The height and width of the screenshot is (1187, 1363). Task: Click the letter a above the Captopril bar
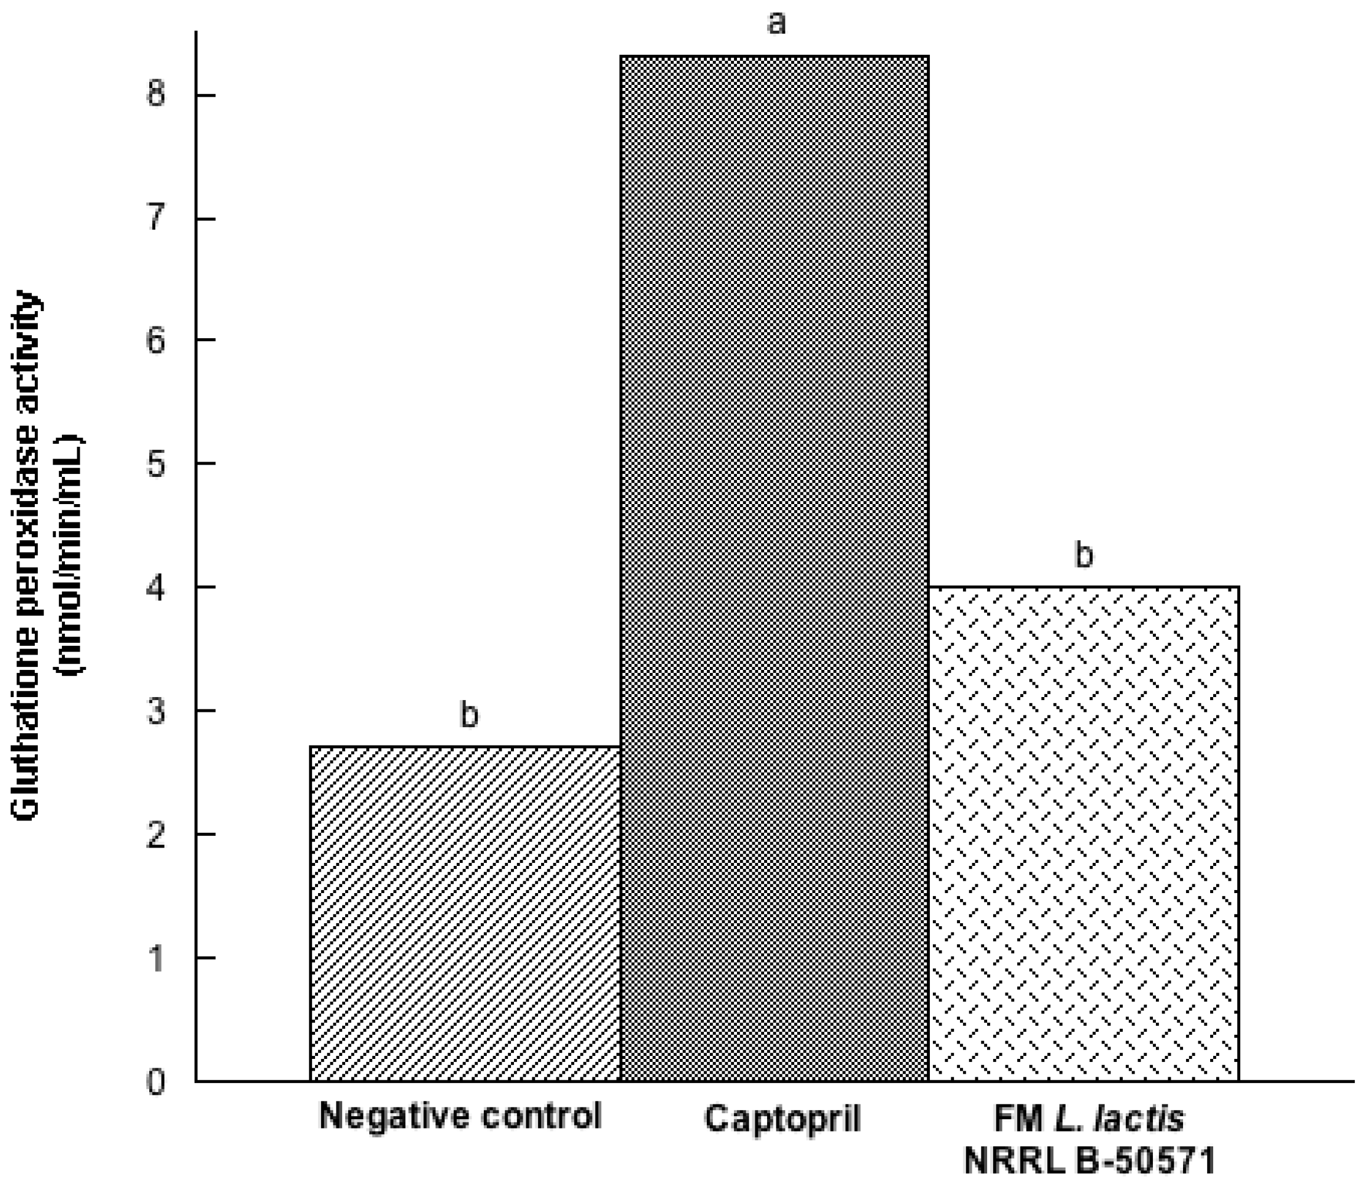pos(776,23)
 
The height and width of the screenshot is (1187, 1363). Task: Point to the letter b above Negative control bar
pos(468,714)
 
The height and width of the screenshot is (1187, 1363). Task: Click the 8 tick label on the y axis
pos(156,94)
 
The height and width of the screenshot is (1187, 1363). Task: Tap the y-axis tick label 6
pos(156,341)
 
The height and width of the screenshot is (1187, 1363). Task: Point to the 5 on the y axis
pos(156,464)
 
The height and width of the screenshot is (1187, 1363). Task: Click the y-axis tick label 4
pos(156,587)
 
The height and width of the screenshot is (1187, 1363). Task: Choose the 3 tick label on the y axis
pos(156,711)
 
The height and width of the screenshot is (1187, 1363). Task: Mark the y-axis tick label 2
pos(156,835)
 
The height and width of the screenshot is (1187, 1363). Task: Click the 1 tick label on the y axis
pos(156,958)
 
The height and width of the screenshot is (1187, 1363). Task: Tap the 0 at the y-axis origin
pos(156,1083)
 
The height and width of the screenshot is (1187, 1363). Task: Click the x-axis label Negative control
pos(461,1116)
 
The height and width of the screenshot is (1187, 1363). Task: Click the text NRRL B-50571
pos(1090,1161)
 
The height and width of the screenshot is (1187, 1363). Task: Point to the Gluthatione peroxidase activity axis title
pos(28,557)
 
